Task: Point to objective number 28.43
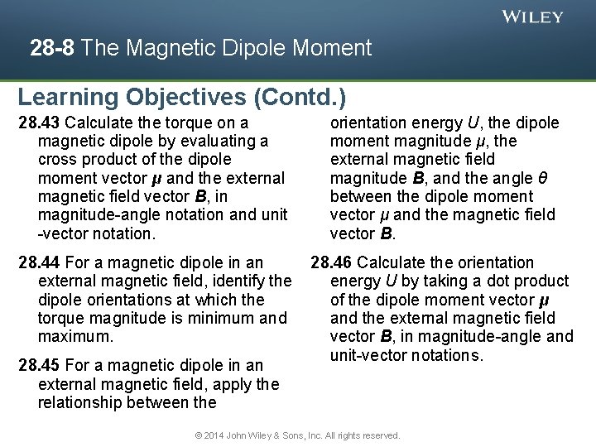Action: coord(38,123)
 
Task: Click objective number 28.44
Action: coord(38,262)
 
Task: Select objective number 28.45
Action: coord(38,365)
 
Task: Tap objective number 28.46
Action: coord(331,262)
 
